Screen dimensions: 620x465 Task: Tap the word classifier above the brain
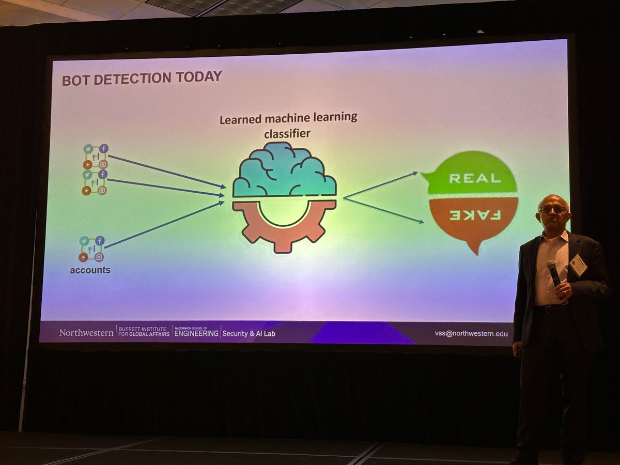(287, 134)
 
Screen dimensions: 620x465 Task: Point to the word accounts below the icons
(90, 270)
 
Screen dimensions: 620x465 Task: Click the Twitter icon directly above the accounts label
(84, 241)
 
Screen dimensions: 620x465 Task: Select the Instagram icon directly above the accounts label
(99, 257)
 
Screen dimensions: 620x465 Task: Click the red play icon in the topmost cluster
(87, 164)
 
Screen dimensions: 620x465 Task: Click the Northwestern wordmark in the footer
(86, 333)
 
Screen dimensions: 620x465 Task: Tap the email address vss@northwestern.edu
(471, 334)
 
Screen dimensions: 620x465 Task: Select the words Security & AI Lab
(249, 333)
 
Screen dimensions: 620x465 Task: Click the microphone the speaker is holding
(553, 272)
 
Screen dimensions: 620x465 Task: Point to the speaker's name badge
(579, 264)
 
